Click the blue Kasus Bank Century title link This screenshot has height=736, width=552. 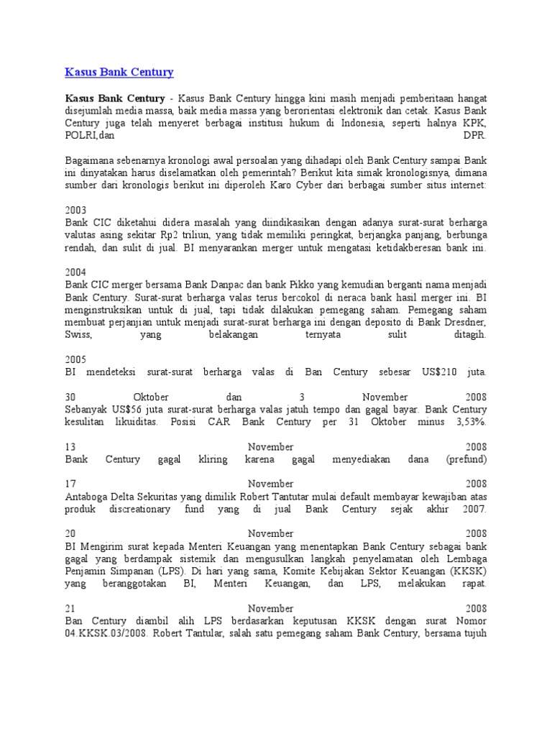point(119,72)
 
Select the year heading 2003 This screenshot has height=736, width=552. point(75,210)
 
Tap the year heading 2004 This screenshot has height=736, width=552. point(75,272)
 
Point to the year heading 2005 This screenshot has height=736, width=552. point(75,359)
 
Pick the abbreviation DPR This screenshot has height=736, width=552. point(475,134)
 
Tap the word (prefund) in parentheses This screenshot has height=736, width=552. point(466,459)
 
